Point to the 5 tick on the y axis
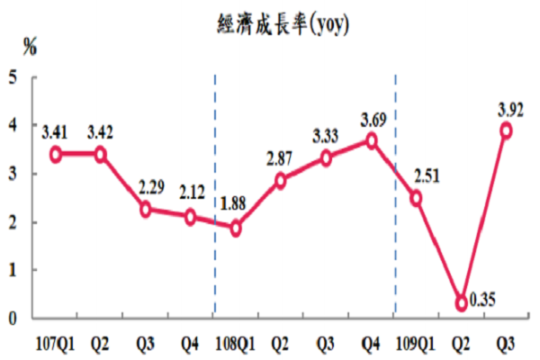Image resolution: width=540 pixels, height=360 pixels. click(13, 77)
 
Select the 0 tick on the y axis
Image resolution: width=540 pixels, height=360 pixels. click(13, 318)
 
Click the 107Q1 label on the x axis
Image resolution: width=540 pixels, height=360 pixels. click(54, 342)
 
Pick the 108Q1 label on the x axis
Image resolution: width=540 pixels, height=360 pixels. click(236, 342)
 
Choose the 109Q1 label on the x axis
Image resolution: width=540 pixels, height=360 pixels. click(416, 342)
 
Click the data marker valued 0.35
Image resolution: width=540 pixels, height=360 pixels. click(462, 303)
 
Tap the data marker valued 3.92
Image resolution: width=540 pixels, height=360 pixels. click(507, 130)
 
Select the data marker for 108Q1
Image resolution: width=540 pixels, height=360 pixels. click(236, 229)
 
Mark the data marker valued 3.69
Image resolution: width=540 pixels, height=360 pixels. click(371, 141)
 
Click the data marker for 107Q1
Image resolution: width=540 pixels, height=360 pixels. click(55, 154)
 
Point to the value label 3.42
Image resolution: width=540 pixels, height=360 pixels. click(101, 135)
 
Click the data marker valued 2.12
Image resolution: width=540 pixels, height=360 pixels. click(191, 217)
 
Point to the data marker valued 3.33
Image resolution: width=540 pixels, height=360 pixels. click(326, 158)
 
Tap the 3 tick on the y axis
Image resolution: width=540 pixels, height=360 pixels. click(13, 174)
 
